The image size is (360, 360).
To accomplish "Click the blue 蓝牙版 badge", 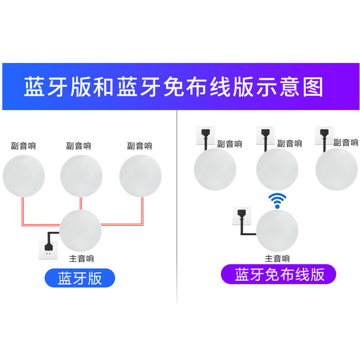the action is (80, 278).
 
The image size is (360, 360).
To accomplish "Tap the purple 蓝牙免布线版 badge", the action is (279, 274).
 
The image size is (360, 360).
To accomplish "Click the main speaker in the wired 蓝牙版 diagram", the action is (81, 230).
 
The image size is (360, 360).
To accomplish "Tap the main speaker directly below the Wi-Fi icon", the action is (277, 230).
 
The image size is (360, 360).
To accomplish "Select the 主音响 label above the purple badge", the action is (277, 258).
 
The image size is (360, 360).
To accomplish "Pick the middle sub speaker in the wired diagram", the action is (81, 175).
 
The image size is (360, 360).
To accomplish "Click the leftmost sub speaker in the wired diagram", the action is (24, 175).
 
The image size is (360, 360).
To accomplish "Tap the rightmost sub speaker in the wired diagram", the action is (140, 175).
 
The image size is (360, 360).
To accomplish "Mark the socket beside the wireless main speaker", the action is (239, 216).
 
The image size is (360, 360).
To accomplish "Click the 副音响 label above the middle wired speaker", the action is (78, 146).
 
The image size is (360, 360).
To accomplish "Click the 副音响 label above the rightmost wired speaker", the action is (139, 146).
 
